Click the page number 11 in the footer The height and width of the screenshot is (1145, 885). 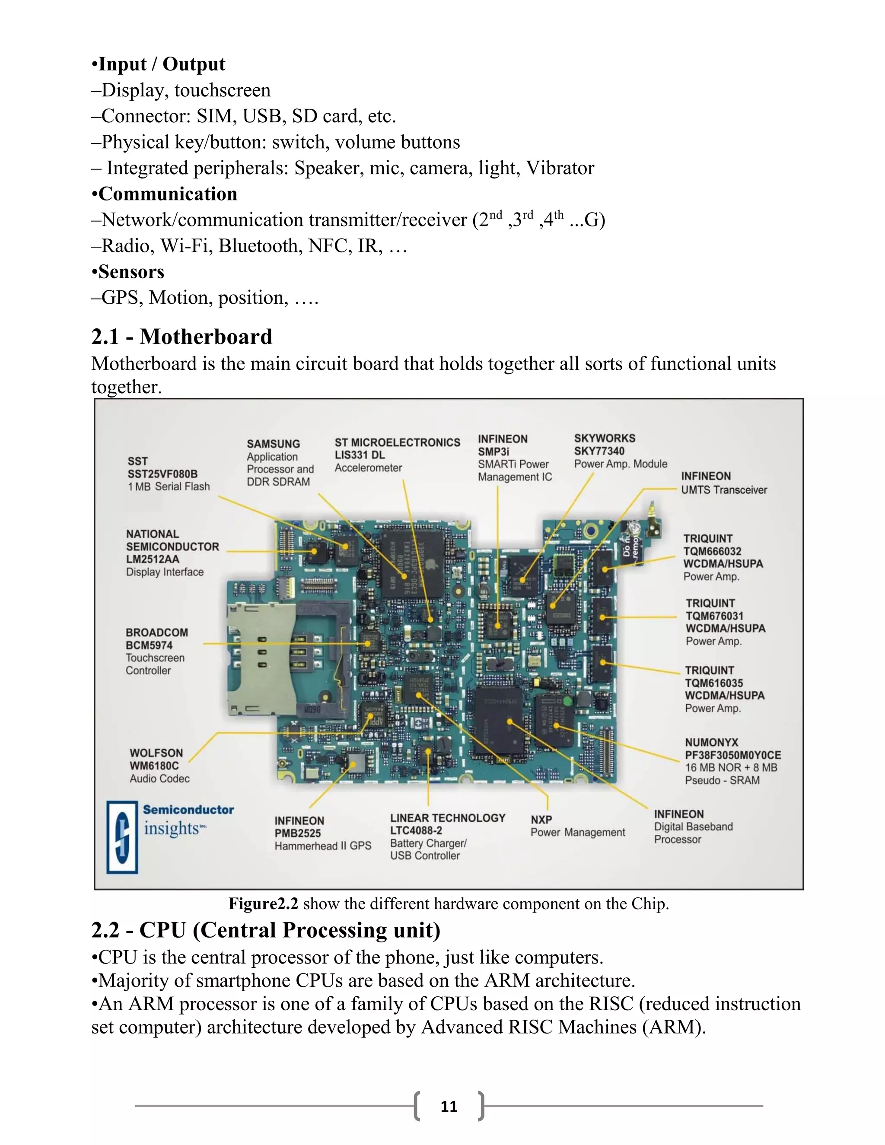[449, 1106]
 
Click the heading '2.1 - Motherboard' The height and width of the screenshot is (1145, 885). [181, 337]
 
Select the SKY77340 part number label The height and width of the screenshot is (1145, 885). [599, 451]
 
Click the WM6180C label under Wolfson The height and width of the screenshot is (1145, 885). [154, 766]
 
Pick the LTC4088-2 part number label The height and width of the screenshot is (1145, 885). [416, 830]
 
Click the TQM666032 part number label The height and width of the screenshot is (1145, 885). [712, 551]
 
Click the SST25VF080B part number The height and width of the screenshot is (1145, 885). [162, 474]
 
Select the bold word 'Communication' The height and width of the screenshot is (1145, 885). [168, 194]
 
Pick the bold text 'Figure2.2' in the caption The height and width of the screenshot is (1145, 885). [263, 904]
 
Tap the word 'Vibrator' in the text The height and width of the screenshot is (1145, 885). [560, 168]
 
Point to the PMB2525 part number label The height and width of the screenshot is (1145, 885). [297, 833]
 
